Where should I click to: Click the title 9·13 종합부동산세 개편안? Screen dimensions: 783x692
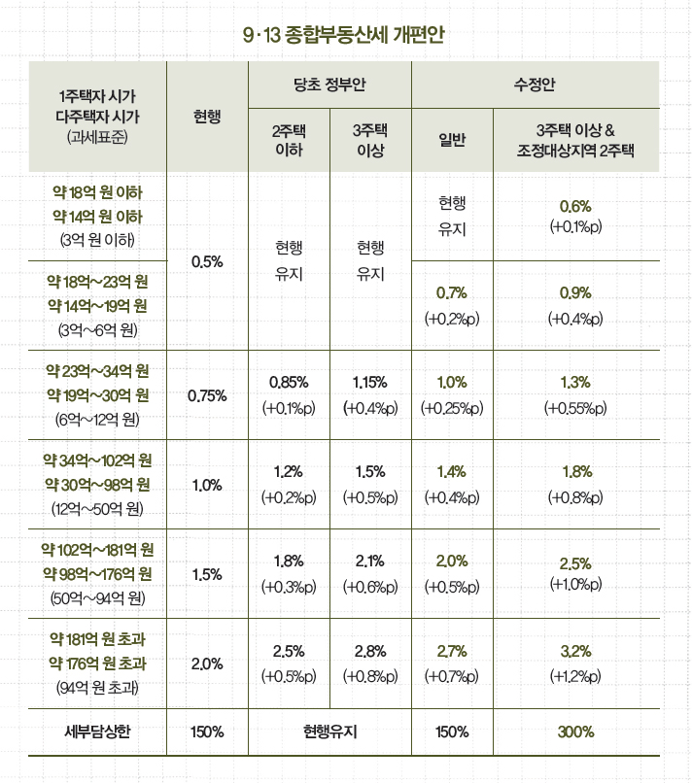click(345, 36)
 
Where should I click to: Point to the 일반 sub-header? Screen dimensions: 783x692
click(453, 141)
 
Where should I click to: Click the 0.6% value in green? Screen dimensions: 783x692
click(575, 207)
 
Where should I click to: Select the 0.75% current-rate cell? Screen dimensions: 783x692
click(208, 394)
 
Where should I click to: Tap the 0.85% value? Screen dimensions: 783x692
click(289, 382)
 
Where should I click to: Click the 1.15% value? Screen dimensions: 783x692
click(371, 382)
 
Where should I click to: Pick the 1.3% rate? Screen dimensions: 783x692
click(575, 382)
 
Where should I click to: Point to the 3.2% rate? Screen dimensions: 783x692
click(575, 651)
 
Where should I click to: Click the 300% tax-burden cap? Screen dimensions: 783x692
click(575, 731)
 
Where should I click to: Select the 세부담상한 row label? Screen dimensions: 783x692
click(97, 731)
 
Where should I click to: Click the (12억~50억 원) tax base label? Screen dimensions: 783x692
click(97, 506)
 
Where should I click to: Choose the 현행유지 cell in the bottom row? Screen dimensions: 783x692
click(329, 731)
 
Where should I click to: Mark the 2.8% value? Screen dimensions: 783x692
click(371, 651)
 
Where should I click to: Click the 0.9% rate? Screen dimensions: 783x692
click(575, 292)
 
